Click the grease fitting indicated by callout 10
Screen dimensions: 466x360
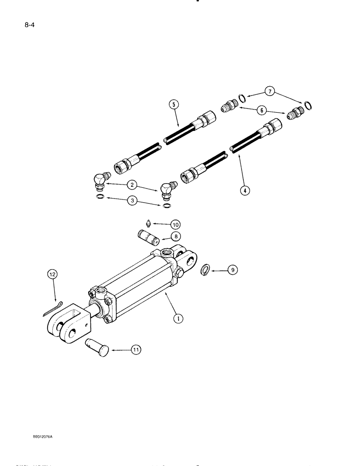147,222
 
